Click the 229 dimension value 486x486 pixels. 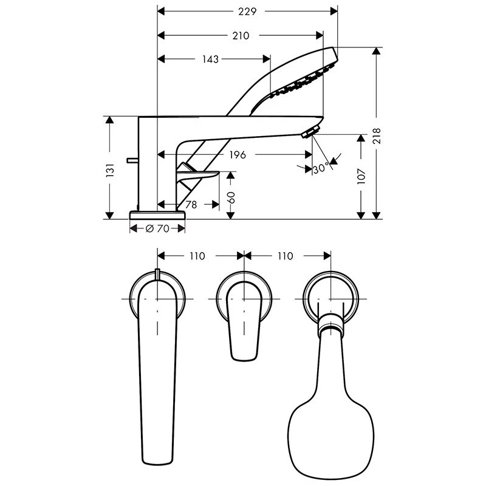pyautogui.click(x=247, y=12)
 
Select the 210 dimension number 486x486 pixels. pyautogui.click(x=241, y=36)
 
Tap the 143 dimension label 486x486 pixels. pyautogui.click(x=210, y=59)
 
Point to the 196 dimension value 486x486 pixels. pyautogui.click(x=238, y=154)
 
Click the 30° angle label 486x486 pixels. pyautogui.click(x=321, y=168)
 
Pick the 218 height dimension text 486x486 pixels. pyautogui.click(x=377, y=135)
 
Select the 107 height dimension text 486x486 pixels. pyautogui.click(x=361, y=176)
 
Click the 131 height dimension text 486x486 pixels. pyautogui.click(x=110, y=170)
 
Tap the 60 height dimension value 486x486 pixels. pyautogui.click(x=231, y=197)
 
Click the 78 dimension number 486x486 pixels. pyautogui.click(x=191, y=205)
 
